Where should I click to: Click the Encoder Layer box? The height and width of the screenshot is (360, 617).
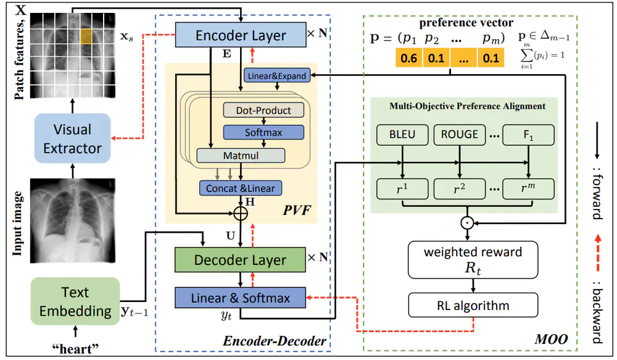click(241, 36)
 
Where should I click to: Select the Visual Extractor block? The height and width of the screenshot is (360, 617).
click(72, 139)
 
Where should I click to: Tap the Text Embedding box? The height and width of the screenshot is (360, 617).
click(75, 301)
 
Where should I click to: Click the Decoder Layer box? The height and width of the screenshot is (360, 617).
click(240, 260)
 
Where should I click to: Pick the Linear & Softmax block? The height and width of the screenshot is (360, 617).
click(241, 298)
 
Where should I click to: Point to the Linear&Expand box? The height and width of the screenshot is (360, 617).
click(276, 76)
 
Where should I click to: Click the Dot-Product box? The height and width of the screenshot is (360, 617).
click(263, 110)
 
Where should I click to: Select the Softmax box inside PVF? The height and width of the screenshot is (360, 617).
click(263, 132)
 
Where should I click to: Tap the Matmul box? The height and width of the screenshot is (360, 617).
click(241, 155)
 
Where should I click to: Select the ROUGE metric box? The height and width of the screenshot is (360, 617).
click(460, 134)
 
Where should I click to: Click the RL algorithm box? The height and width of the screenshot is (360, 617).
click(472, 305)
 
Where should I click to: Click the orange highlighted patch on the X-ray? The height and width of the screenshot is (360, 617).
click(86, 36)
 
